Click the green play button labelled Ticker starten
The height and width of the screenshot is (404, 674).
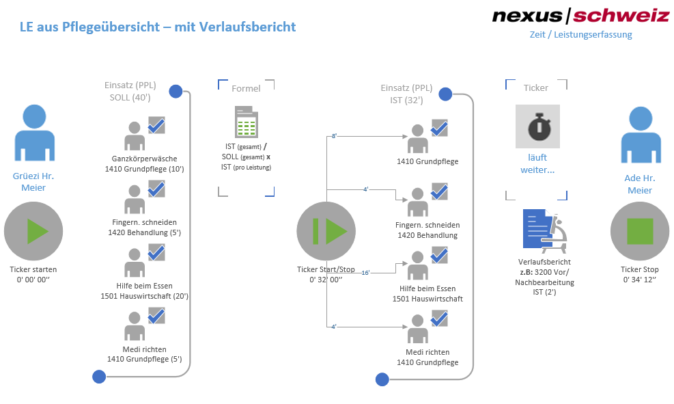[x=33, y=231]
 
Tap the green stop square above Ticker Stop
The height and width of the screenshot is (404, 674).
[x=639, y=231]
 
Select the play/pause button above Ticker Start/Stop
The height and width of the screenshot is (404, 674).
[x=326, y=231]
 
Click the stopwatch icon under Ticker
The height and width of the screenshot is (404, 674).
[x=537, y=126]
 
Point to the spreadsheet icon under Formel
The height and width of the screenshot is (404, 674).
[x=245, y=123]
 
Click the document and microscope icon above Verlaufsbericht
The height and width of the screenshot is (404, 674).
[x=544, y=230]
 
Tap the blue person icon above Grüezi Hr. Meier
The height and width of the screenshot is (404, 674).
[x=33, y=133]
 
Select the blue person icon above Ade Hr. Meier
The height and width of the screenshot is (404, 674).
[x=639, y=133]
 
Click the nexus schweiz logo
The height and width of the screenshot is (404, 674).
[x=580, y=16]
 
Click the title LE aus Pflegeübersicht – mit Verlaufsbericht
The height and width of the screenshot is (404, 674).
[x=158, y=27]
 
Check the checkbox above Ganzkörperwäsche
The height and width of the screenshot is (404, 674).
[x=156, y=126]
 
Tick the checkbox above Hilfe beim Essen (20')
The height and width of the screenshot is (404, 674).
[x=156, y=252]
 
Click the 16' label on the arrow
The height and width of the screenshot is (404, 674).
[x=365, y=273]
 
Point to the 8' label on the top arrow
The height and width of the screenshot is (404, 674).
[x=335, y=137]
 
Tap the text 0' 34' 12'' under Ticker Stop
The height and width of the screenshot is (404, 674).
[x=639, y=280]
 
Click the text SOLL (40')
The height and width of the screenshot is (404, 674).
[x=130, y=98]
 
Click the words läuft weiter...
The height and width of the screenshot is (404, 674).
[x=537, y=164]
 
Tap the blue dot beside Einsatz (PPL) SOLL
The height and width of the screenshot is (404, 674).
[x=175, y=91]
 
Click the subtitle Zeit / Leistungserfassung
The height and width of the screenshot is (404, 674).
[x=580, y=34]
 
